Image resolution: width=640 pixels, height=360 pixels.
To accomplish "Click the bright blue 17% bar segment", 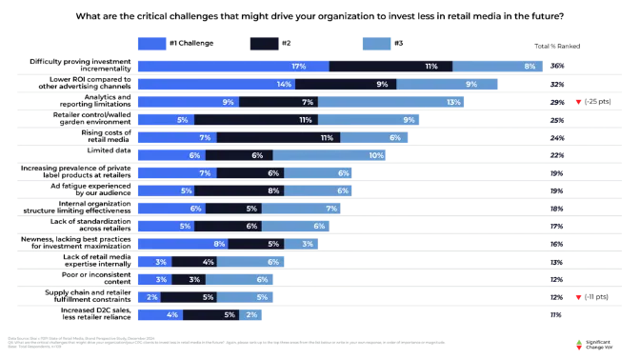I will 232,67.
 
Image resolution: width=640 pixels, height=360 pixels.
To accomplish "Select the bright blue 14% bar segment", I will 216,84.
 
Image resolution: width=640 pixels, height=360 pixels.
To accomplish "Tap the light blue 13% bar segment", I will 391,102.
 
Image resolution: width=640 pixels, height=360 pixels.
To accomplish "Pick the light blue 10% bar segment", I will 330,155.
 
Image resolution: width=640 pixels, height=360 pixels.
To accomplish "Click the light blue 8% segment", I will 499,67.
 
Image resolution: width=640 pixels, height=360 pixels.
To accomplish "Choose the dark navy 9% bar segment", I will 346,84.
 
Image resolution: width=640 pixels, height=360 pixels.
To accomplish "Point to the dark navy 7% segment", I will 278,102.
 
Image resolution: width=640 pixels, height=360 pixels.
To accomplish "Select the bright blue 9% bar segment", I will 188,102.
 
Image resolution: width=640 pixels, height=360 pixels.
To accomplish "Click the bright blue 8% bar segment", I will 182,244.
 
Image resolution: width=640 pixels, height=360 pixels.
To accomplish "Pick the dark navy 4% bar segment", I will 195,261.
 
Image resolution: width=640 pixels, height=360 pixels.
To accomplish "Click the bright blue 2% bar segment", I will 149,296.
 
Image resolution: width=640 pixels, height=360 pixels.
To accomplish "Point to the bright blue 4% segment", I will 160,314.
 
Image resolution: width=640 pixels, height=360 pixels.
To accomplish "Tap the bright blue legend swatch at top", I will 152,43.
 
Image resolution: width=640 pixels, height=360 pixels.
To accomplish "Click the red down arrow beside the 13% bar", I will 578,102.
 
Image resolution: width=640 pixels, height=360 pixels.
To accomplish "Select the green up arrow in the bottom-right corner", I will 578,342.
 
